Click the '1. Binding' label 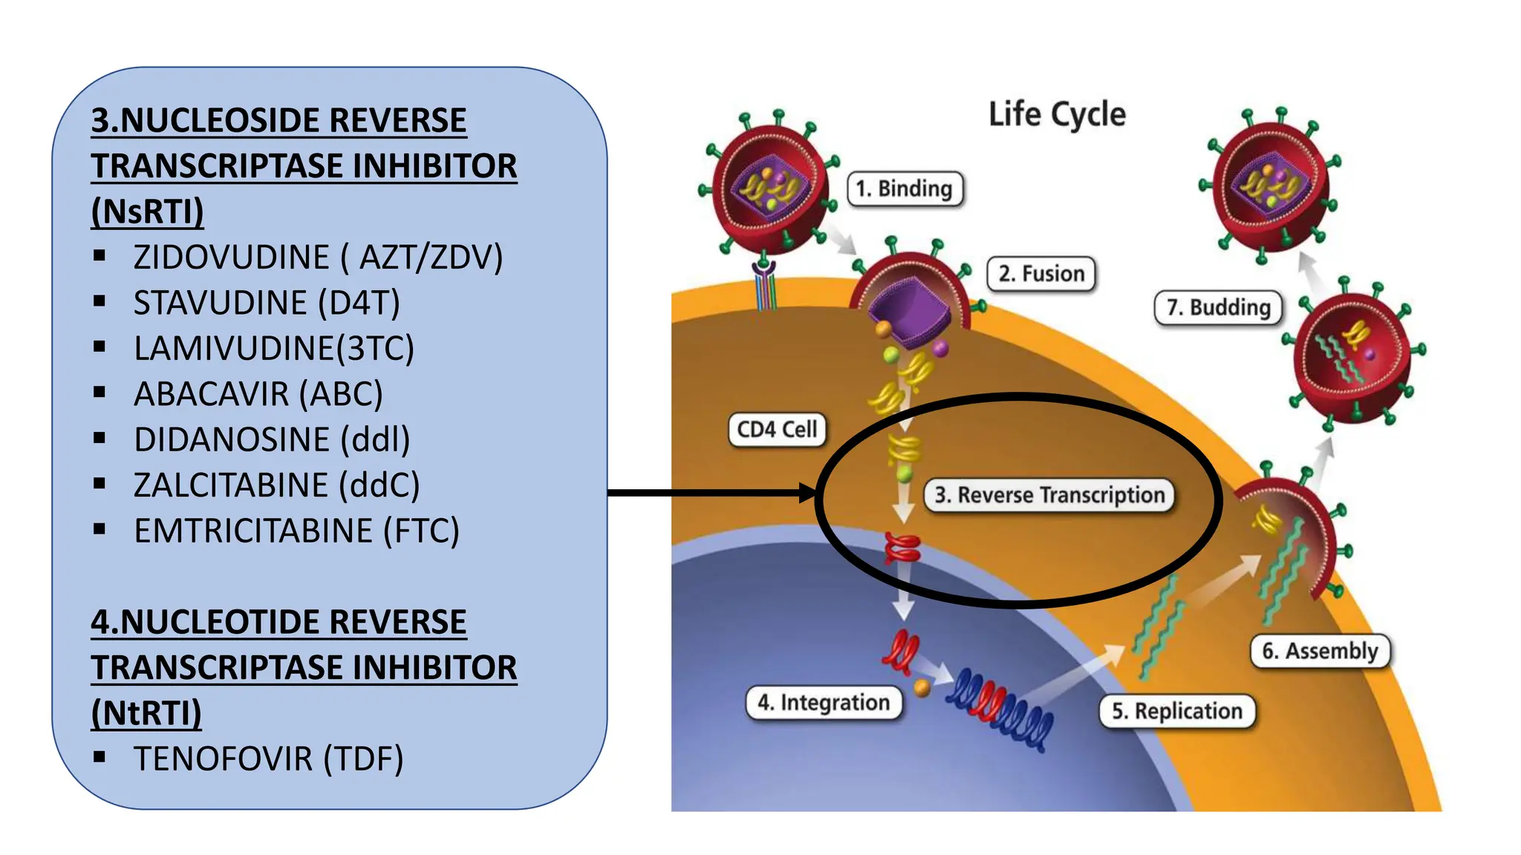pos(905,189)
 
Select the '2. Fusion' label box pos(1040,274)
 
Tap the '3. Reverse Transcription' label pos(1049,495)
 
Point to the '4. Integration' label pos(824,702)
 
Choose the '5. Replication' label pos(1176,711)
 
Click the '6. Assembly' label pos(1320,651)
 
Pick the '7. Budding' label pos(1218,307)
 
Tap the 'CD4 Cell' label pos(776,430)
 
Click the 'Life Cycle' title pos(1056,115)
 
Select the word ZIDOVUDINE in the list pos(231,258)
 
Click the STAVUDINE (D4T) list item pos(267,303)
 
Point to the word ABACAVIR pos(211,394)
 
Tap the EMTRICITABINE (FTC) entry pos(296,531)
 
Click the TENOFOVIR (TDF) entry pos(268,759)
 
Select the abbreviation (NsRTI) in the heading pos(147,212)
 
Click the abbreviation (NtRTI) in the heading pos(146,713)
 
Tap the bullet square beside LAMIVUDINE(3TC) pos(100,347)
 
